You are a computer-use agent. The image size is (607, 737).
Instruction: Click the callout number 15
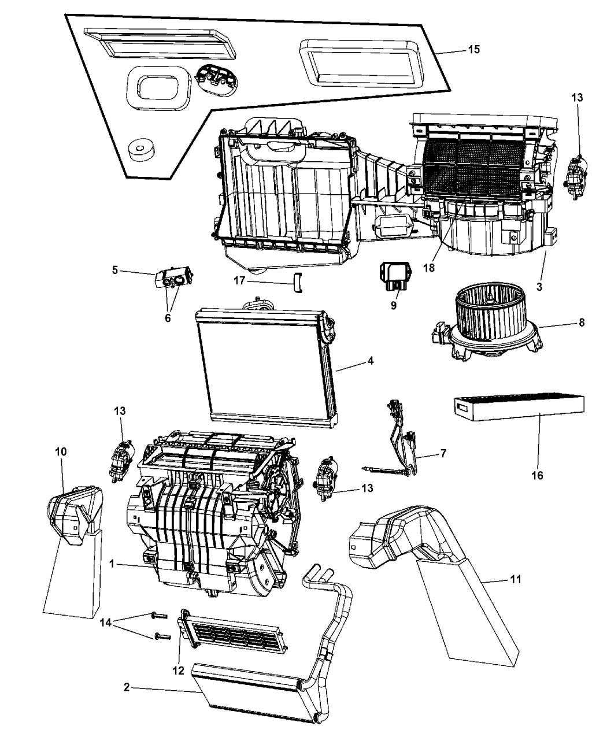coord(474,49)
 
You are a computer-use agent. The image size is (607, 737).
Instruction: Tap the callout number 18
coord(429,268)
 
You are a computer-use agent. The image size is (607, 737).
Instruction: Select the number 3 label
coord(539,287)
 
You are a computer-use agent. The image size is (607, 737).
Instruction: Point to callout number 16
coord(537,476)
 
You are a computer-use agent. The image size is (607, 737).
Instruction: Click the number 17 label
coord(239,280)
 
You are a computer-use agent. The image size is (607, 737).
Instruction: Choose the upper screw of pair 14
coord(159,616)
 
